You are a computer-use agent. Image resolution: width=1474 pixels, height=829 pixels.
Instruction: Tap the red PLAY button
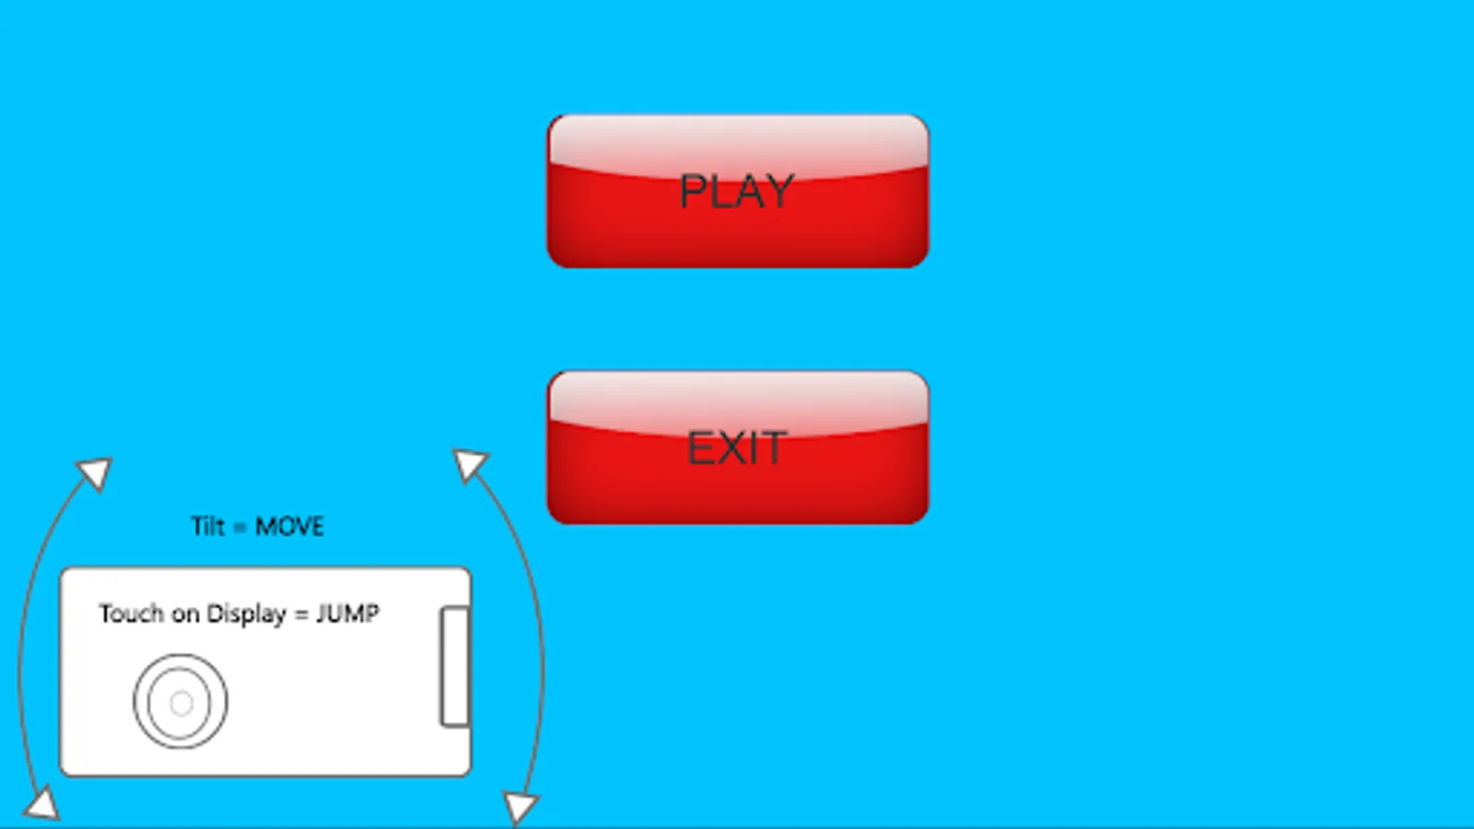click(x=738, y=192)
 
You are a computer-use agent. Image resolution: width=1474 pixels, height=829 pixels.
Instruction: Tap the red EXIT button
click(x=738, y=448)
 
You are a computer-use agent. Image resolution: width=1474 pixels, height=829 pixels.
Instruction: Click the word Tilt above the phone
click(x=208, y=526)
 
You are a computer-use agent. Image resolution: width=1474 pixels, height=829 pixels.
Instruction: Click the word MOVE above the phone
click(x=289, y=526)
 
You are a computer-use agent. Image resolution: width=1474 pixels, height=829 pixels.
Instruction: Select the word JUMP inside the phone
click(x=348, y=613)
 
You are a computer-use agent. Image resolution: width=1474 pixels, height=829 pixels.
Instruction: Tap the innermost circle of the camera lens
click(x=181, y=703)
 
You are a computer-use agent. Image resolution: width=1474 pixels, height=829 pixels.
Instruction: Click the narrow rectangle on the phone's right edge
click(x=455, y=667)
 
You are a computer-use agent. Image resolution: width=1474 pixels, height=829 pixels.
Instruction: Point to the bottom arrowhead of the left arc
click(x=42, y=804)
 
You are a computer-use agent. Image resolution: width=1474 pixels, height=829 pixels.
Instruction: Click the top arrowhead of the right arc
click(x=470, y=464)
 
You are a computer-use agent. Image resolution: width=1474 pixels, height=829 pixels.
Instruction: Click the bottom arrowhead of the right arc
click(x=520, y=808)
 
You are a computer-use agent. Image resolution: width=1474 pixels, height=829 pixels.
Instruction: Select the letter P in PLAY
click(x=693, y=192)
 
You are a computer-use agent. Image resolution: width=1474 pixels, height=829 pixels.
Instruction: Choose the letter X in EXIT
click(x=731, y=448)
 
